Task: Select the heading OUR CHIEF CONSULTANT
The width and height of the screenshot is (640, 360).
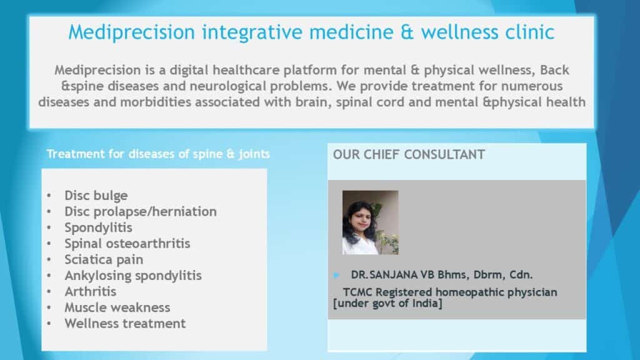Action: tap(409, 155)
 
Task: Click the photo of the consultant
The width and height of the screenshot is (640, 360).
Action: tap(370, 222)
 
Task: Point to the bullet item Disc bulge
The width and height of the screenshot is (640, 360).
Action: tap(96, 196)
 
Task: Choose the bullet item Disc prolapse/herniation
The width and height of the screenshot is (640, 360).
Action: tap(141, 211)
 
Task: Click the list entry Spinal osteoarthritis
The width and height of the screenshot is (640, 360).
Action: tap(127, 244)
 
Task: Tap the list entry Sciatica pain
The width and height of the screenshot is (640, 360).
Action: tap(104, 259)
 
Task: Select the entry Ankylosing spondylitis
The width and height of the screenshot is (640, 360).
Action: tap(133, 276)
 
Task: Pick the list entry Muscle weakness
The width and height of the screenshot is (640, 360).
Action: tap(117, 307)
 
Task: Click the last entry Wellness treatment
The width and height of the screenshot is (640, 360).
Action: tap(125, 323)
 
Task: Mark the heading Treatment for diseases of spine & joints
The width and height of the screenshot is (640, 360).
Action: tap(158, 154)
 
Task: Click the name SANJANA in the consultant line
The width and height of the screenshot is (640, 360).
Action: tap(394, 275)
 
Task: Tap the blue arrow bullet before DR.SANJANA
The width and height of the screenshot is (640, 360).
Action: tap(336, 275)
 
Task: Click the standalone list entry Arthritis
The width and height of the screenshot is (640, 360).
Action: tap(90, 291)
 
